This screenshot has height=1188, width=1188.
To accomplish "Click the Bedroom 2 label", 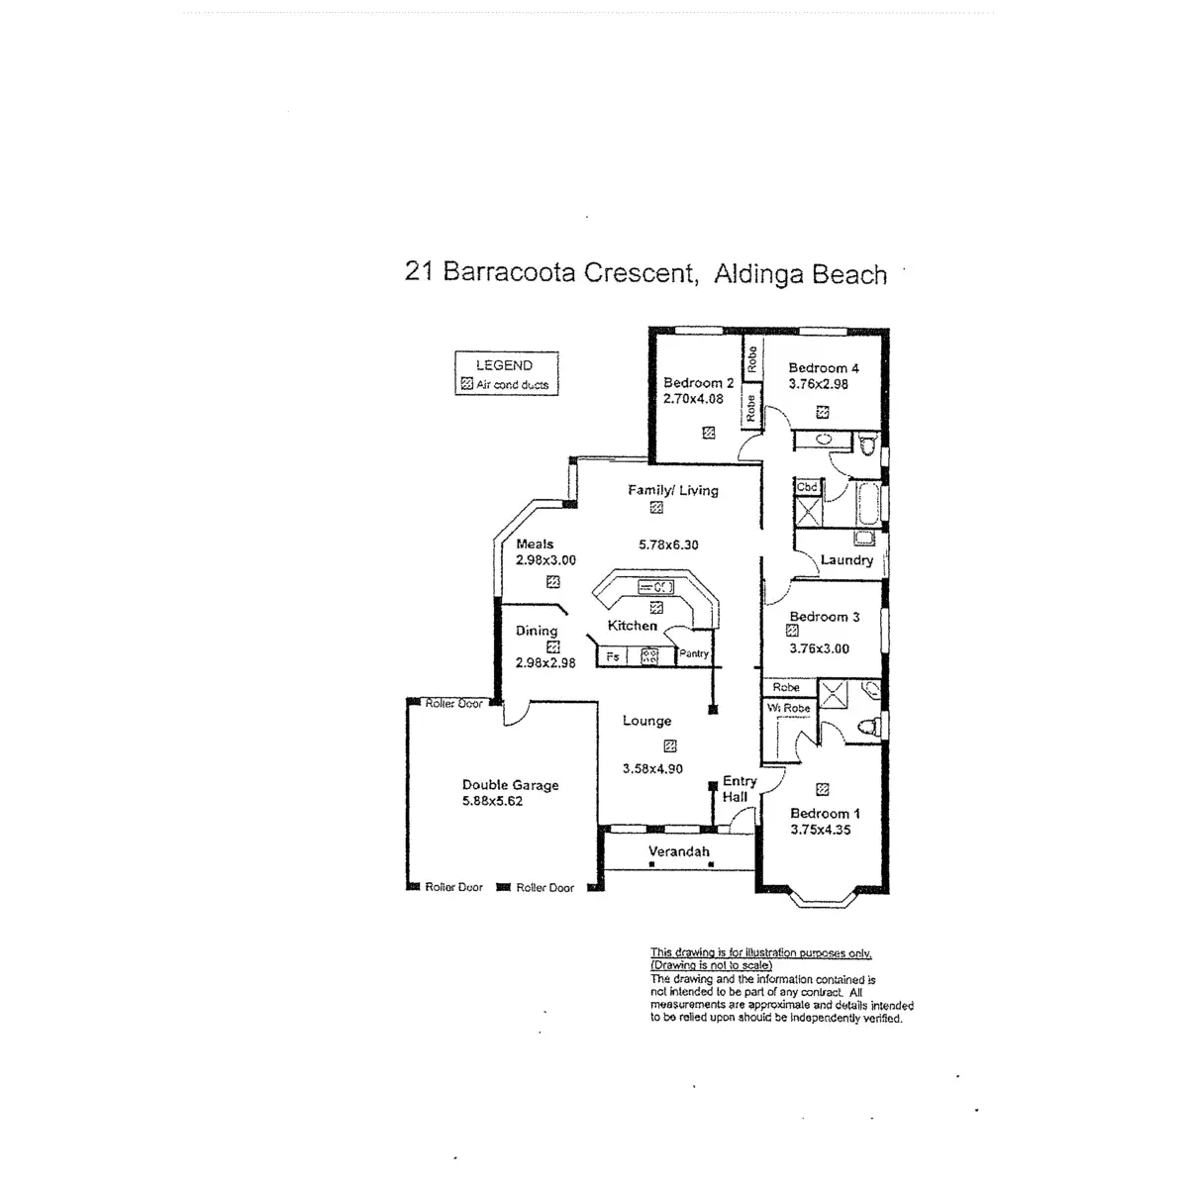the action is click(x=698, y=383).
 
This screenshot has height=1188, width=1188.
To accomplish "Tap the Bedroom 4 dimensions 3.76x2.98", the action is click(x=818, y=385).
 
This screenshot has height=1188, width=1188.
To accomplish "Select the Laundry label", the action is click(x=846, y=560).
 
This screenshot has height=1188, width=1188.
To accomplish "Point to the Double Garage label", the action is click(x=510, y=785).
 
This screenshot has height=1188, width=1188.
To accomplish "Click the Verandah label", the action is click(x=678, y=851).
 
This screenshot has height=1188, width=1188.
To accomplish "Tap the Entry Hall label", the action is click(x=738, y=789).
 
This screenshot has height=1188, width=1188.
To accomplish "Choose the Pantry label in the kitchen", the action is click(x=694, y=653).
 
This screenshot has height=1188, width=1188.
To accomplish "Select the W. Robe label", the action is click(x=789, y=708).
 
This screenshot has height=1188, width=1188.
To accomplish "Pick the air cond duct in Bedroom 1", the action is click(x=822, y=789).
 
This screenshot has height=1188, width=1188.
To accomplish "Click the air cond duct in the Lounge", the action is click(x=670, y=746).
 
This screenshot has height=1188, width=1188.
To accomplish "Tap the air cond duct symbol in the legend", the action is click(x=466, y=384).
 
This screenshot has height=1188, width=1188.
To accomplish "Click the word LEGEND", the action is click(x=504, y=365).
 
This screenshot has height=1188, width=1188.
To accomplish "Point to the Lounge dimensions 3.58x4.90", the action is click(x=652, y=768).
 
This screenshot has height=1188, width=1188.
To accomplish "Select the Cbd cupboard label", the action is click(x=807, y=487).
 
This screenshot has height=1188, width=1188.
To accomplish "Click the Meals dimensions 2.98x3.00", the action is click(x=545, y=560).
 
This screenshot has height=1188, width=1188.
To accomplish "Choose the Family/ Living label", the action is click(x=673, y=490).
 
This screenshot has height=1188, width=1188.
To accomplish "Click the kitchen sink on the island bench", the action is click(x=655, y=587).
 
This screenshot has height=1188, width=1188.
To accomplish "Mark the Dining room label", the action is click(x=537, y=631).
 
